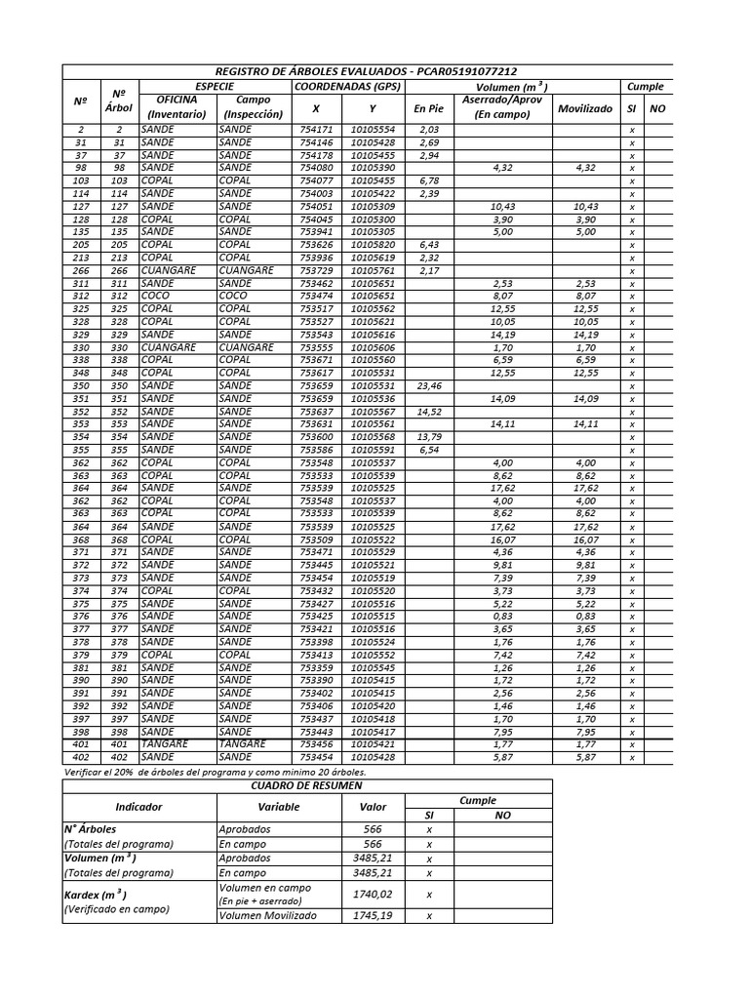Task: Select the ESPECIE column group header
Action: tap(215, 86)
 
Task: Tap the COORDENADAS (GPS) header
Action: tap(347, 86)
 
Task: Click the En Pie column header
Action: tap(428, 109)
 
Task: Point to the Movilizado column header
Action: tap(584, 109)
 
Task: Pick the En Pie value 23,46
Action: tap(429, 385)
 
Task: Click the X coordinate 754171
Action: tap(316, 130)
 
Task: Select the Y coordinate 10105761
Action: tap(373, 270)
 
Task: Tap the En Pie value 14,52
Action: tap(429, 412)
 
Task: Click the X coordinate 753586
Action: tap(316, 450)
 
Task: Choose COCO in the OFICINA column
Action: tap(155, 295)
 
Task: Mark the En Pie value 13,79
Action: tap(429, 437)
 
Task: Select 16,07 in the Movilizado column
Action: tap(585, 539)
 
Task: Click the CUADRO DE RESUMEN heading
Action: tap(306, 785)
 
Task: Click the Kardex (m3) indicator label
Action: tap(95, 895)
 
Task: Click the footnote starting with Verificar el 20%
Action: tap(221, 771)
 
